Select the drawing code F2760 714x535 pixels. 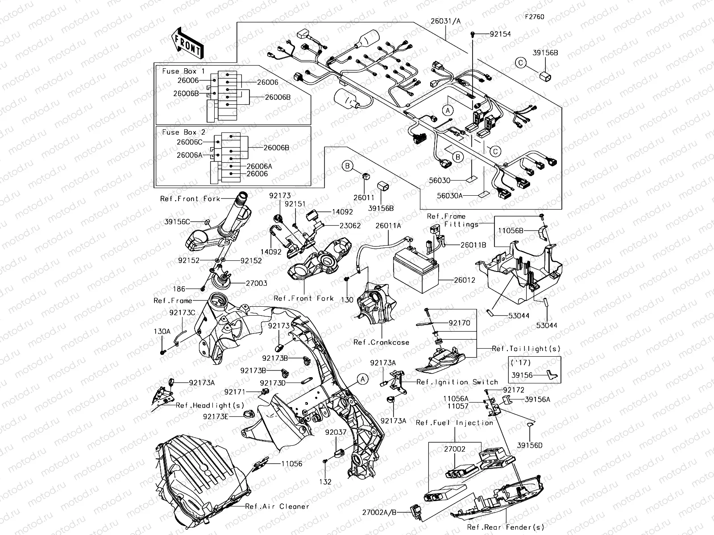point(534,17)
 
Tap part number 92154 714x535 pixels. point(500,34)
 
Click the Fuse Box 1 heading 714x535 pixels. point(183,71)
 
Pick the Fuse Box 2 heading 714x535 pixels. point(183,132)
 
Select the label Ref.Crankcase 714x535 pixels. point(381,342)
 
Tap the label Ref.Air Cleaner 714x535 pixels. point(277,506)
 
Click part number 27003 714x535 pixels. point(256,283)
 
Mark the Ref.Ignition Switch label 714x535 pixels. point(457,382)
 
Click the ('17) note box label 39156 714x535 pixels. point(522,375)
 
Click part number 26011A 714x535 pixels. point(388,226)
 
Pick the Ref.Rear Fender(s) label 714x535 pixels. point(506,527)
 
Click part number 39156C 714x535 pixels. point(177,222)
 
